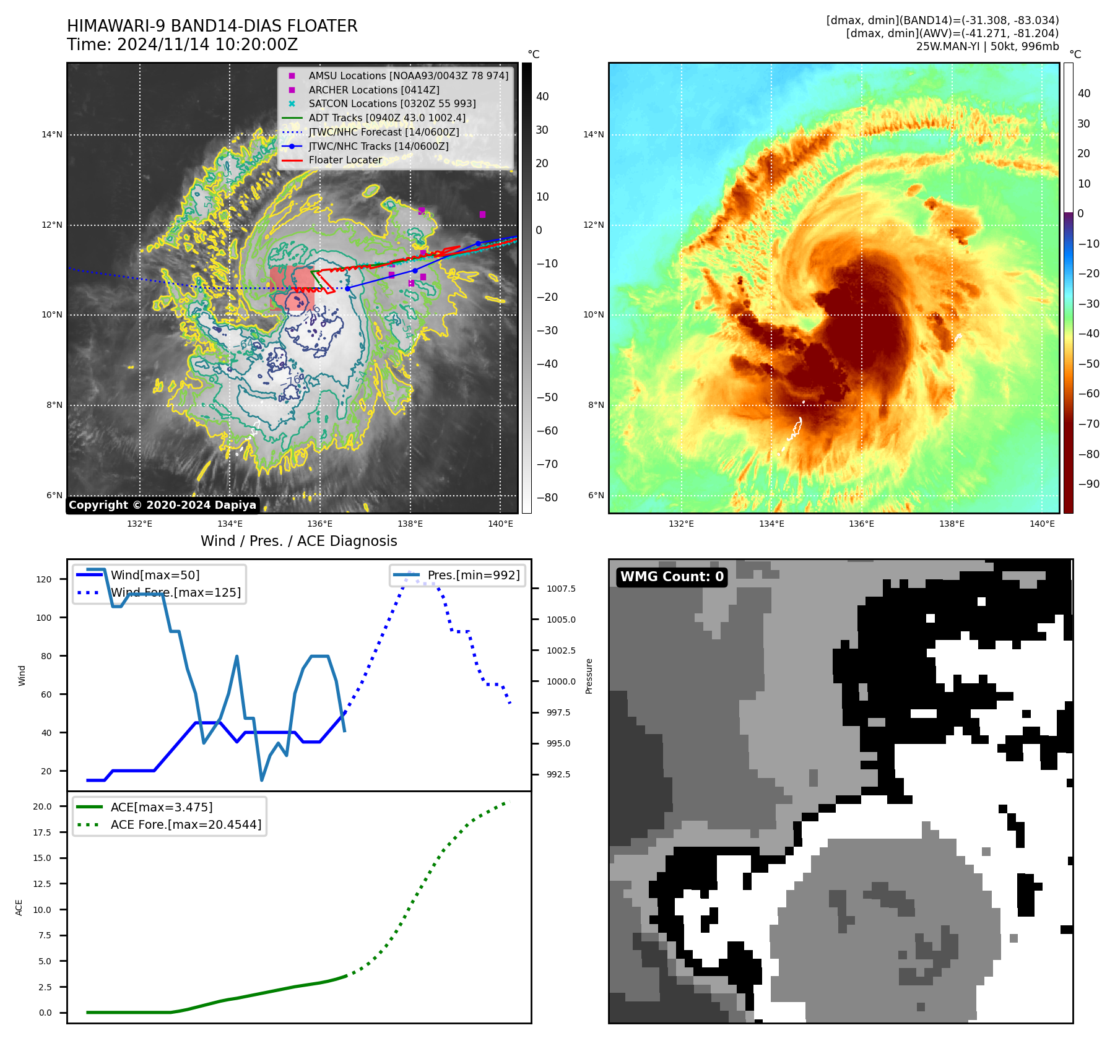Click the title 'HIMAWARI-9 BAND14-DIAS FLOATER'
click(212, 26)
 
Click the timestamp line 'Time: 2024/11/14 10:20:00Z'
click(182, 45)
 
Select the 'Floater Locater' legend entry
click(345, 160)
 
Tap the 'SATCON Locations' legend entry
click(392, 103)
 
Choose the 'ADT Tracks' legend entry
click(387, 118)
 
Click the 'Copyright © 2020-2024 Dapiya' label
click(162, 505)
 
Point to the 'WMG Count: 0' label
click(672, 577)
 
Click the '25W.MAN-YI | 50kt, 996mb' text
click(987, 46)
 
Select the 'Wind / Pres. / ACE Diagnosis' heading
click(298, 541)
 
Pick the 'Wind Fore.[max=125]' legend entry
click(175, 592)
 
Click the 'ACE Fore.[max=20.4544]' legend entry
click(186, 824)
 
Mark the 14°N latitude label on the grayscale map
click(52, 135)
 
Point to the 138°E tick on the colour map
click(952, 524)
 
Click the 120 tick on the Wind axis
click(44, 579)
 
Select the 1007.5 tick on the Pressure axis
click(561, 589)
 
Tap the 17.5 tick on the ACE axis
click(42, 832)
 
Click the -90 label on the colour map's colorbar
click(1088, 484)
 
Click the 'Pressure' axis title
click(589, 676)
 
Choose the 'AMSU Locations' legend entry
click(408, 76)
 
